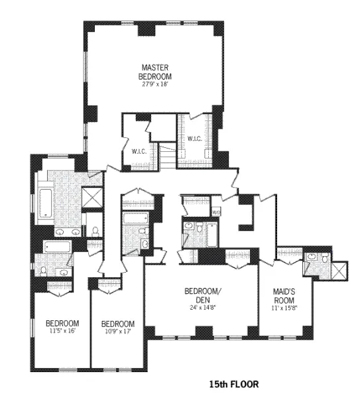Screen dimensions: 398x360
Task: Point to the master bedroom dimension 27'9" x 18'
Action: tap(156, 84)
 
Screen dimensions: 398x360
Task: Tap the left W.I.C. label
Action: tap(138, 151)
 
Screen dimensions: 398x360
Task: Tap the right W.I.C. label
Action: tap(194, 139)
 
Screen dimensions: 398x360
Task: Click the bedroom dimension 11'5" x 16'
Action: tap(64, 330)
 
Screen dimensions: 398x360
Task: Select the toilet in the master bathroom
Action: tap(95, 231)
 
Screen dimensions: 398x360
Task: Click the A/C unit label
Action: tap(216, 212)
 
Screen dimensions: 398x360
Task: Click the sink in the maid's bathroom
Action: tap(312, 257)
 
